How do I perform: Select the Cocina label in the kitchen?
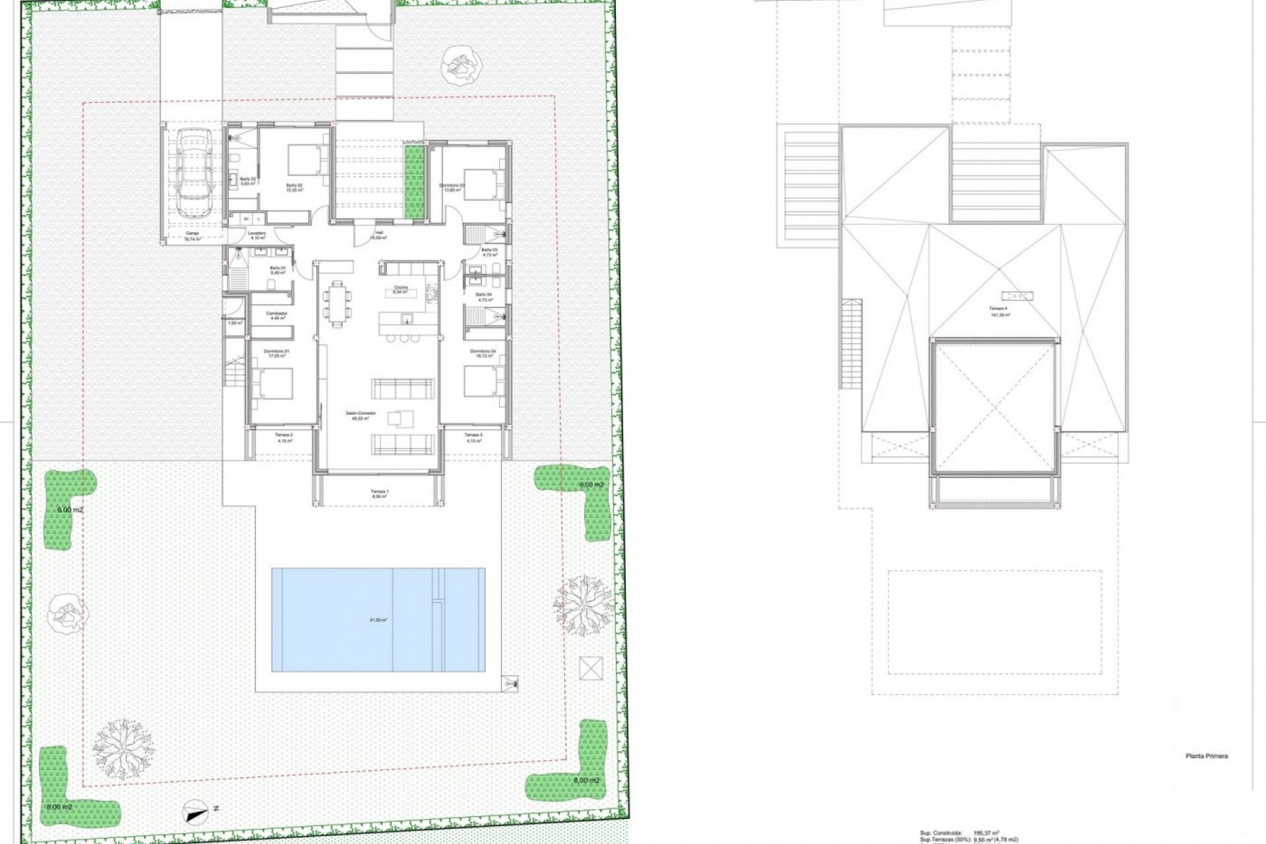click(x=400, y=289)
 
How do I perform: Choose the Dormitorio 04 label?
click(x=482, y=353)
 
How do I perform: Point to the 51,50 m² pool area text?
click(x=378, y=620)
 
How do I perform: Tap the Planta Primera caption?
click(x=1206, y=756)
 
